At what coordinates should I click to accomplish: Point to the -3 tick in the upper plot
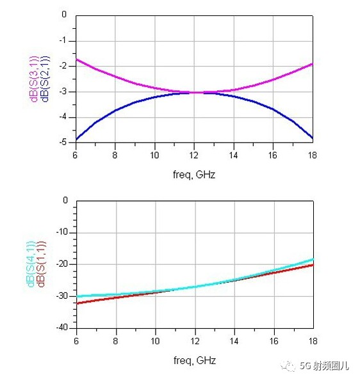pyautogui.click(x=63, y=92)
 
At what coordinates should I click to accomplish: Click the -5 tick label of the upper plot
pyautogui.click(x=63, y=142)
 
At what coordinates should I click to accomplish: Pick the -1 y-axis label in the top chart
pyautogui.click(x=63, y=40)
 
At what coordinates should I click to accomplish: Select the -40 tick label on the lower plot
pyautogui.click(x=62, y=328)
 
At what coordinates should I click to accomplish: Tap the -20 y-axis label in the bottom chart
pyautogui.click(x=62, y=264)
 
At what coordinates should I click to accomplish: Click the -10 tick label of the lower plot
pyautogui.click(x=62, y=232)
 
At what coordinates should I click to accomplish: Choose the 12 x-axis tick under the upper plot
pyautogui.click(x=194, y=155)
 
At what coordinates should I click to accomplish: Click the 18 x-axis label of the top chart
pyautogui.click(x=313, y=155)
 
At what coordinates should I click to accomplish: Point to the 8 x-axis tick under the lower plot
pyautogui.click(x=115, y=341)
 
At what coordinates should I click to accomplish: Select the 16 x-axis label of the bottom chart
pyautogui.click(x=274, y=341)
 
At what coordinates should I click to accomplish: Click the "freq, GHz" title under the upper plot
pyautogui.click(x=194, y=175)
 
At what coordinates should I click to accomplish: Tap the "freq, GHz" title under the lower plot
pyautogui.click(x=195, y=360)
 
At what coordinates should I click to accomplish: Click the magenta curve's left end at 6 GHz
pyautogui.click(x=76, y=60)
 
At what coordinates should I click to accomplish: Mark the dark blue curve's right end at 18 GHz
pyautogui.click(x=313, y=138)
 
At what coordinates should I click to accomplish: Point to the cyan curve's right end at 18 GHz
pyautogui.click(x=313, y=259)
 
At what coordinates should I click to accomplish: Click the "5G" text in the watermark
pyautogui.click(x=305, y=366)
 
